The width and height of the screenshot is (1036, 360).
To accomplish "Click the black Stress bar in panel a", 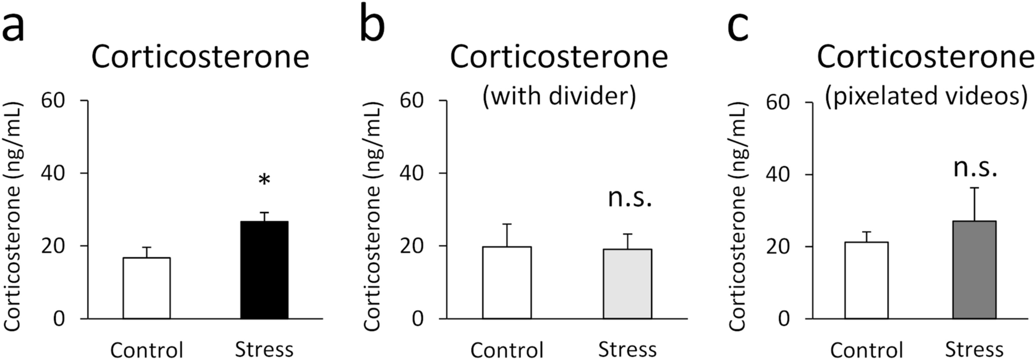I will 264,270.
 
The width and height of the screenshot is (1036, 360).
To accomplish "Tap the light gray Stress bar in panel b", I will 627,284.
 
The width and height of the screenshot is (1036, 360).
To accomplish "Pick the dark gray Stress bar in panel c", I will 974,270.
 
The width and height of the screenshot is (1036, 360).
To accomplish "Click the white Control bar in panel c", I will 866,280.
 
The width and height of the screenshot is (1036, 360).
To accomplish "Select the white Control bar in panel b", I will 507,283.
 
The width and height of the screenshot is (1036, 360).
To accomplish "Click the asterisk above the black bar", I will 264,180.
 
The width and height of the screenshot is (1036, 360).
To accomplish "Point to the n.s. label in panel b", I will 629,198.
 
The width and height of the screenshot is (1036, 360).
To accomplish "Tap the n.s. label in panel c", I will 975,168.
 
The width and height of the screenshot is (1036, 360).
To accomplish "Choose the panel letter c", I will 737,28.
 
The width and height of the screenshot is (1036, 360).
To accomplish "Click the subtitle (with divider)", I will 559,95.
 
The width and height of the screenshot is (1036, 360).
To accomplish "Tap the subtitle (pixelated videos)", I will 926,95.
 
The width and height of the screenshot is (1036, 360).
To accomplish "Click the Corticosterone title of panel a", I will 200,57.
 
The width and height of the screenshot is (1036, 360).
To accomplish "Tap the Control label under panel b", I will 507,350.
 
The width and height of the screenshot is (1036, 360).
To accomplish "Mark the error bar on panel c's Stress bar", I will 975,203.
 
